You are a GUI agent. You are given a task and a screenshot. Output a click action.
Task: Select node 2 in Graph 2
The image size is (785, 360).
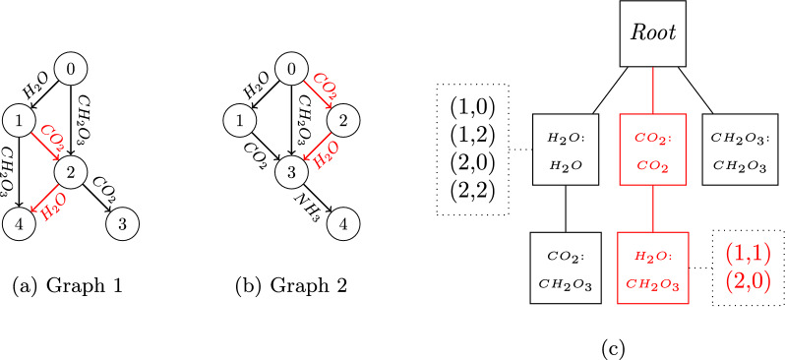(x=342, y=122)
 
